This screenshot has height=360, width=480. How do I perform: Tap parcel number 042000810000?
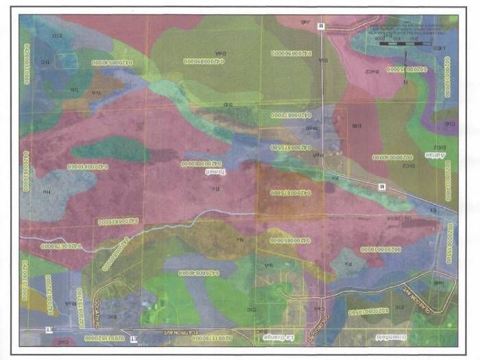tap(89, 167)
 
